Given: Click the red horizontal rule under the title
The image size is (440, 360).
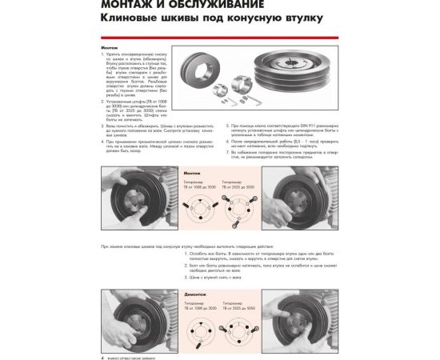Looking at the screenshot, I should (219, 37).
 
